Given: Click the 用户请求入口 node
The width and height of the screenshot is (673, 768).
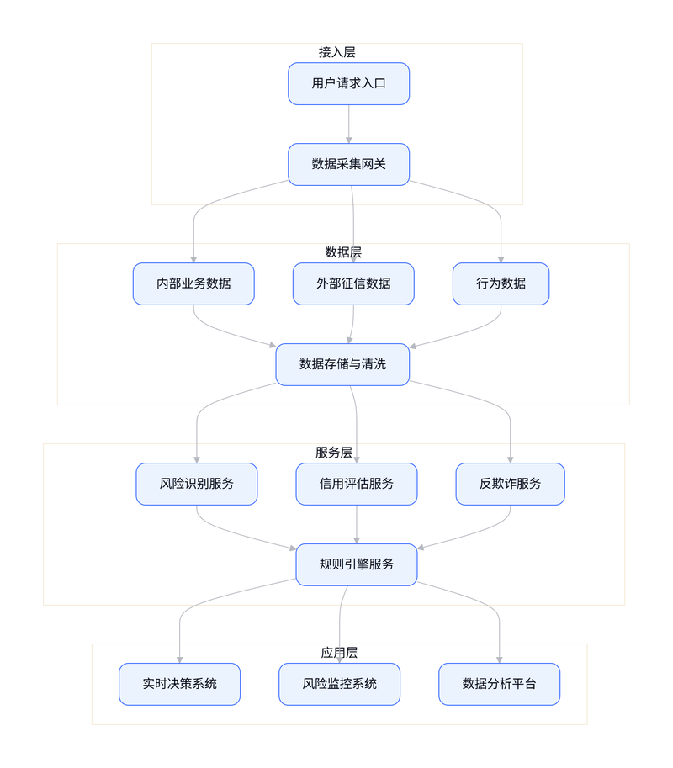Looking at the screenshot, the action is click(348, 84).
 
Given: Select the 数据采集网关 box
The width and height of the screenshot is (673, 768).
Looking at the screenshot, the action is click(348, 164).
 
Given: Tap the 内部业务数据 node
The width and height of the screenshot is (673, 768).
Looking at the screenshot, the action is click(193, 283).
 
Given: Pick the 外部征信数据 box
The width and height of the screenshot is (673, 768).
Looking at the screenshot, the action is click(353, 283).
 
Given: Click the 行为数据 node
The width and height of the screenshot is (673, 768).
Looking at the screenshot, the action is click(501, 283).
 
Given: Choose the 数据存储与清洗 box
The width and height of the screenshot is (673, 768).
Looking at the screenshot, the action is click(342, 364).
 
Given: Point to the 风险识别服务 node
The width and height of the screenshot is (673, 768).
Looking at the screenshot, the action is click(196, 484).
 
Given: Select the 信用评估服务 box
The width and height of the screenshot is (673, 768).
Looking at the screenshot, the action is click(356, 484).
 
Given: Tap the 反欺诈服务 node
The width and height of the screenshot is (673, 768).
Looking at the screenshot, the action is click(510, 484).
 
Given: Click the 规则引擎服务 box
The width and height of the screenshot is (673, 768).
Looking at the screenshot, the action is click(356, 564).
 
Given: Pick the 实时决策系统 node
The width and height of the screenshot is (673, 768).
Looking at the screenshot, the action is click(179, 684).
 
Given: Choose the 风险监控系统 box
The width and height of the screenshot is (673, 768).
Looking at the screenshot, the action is click(339, 684).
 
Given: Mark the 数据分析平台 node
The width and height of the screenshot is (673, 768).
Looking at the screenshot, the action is click(499, 684).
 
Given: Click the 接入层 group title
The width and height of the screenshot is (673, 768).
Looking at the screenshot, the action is click(337, 52).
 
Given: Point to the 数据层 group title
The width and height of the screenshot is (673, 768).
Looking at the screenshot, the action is click(343, 252).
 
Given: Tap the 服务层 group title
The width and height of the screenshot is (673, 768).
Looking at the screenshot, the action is click(334, 452).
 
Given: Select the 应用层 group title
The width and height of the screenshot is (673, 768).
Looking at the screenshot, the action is click(339, 653).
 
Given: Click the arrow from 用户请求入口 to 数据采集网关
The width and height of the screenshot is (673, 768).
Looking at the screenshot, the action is click(349, 124).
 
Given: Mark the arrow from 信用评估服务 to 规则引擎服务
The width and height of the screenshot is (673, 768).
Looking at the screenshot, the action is click(357, 525).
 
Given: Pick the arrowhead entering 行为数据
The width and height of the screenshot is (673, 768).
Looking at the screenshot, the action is click(501, 260).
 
